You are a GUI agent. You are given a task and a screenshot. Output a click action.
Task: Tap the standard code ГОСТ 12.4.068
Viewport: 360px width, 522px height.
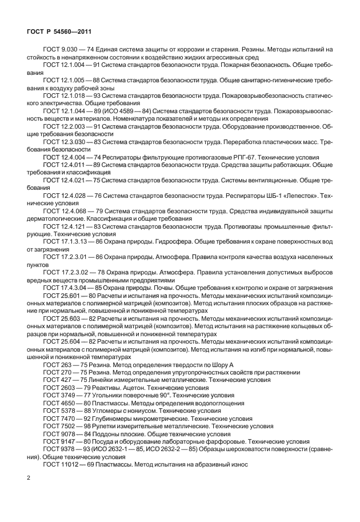coord(63,212)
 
